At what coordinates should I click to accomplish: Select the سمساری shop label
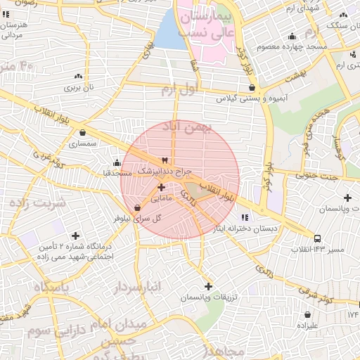pyautogui.click(x=82, y=143)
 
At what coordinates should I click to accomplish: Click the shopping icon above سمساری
pyautogui.click(x=83, y=132)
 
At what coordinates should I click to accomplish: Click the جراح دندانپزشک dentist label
pyautogui.click(x=163, y=171)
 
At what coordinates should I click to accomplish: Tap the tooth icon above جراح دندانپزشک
pyautogui.click(x=165, y=160)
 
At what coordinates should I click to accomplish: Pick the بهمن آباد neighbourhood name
pyautogui.click(x=186, y=126)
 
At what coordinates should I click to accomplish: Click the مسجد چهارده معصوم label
pyautogui.click(x=290, y=46)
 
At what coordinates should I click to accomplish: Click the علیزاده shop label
pyautogui.click(x=307, y=326)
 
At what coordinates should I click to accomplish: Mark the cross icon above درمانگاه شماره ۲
pyautogui.click(x=75, y=236)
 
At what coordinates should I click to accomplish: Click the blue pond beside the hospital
pyautogui.click(x=169, y=32)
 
